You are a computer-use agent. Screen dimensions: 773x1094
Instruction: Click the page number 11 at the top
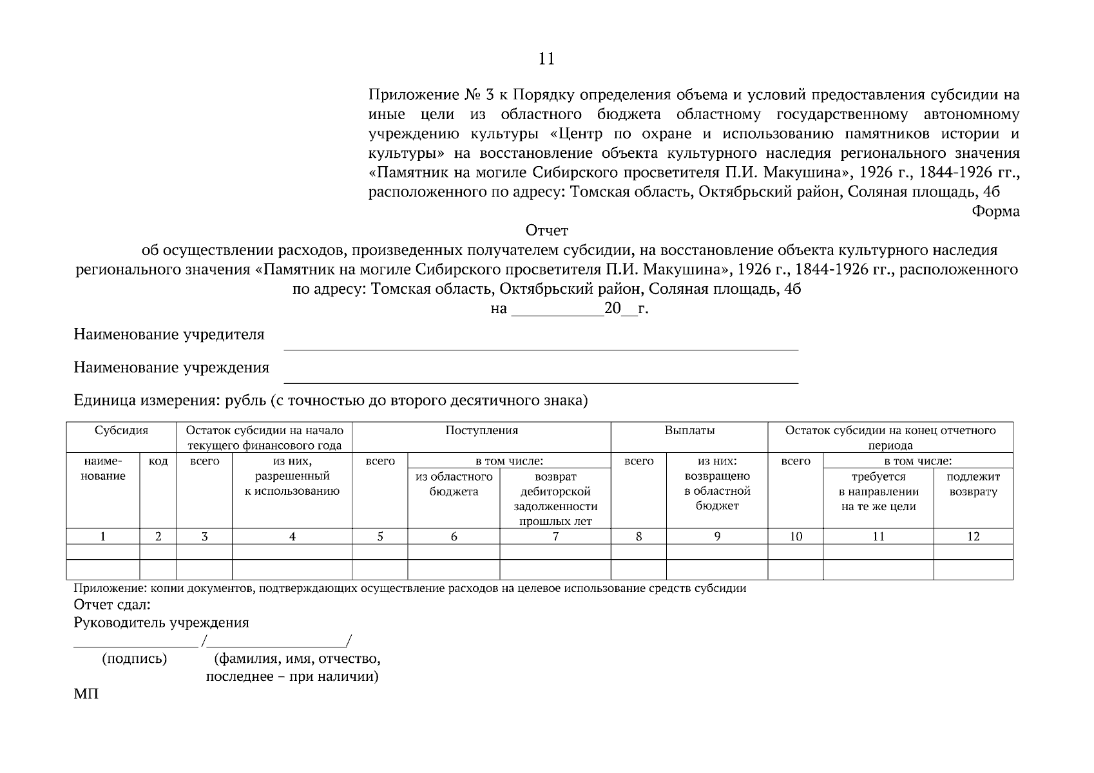(x=546, y=59)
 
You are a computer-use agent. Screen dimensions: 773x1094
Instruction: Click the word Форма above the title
(x=995, y=211)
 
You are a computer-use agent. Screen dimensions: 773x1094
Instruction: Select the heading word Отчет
(x=546, y=231)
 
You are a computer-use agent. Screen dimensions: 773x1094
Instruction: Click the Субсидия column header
(x=121, y=431)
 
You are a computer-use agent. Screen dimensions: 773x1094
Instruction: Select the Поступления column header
(x=481, y=431)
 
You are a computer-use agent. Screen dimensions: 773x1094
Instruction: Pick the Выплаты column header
(x=689, y=431)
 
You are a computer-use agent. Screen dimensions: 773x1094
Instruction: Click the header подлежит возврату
(x=973, y=484)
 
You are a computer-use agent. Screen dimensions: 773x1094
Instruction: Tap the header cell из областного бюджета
(x=454, y=484)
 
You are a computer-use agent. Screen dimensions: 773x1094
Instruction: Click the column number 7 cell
(x=555, y=537)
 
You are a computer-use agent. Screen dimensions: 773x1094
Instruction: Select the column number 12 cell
(x=973, y=537)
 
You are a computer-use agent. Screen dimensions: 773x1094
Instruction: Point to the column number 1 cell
(x=103, y=537)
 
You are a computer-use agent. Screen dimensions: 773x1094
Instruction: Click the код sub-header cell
(x=158, y=461)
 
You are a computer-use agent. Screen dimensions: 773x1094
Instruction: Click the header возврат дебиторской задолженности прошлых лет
(x=555, y=499)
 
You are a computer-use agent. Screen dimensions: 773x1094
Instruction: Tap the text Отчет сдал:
(x=112, y=606)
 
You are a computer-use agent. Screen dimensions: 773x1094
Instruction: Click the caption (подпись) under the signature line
(x=134, y=659)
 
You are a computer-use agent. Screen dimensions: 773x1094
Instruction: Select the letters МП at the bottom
(x=86, y=695)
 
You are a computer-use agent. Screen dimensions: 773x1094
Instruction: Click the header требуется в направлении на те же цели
(x=878, y=491)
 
